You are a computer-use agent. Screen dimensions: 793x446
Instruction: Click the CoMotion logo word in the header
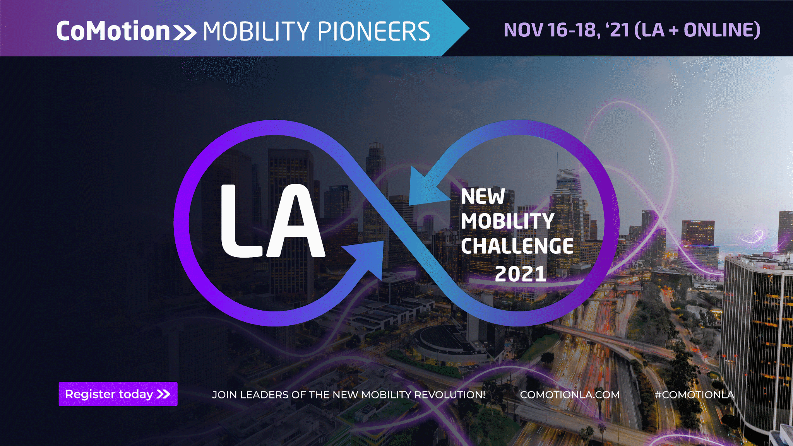tap(113, 31)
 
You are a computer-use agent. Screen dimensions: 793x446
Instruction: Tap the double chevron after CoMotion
tap(185, 32)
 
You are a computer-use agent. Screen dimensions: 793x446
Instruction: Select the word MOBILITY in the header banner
tap(256, 31)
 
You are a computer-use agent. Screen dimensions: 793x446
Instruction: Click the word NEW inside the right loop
tap(483, 196)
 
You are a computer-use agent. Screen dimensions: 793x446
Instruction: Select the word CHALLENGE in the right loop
tap(517, 246)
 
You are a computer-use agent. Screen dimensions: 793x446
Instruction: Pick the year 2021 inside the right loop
tap(521, 274)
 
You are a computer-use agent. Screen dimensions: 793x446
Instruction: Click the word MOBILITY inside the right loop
tap(508, 221)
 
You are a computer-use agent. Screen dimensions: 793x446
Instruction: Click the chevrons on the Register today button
tap(163, 394)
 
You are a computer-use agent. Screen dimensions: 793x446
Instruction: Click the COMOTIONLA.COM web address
tap(570, 395)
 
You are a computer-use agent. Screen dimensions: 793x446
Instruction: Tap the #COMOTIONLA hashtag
tap(694, 395)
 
